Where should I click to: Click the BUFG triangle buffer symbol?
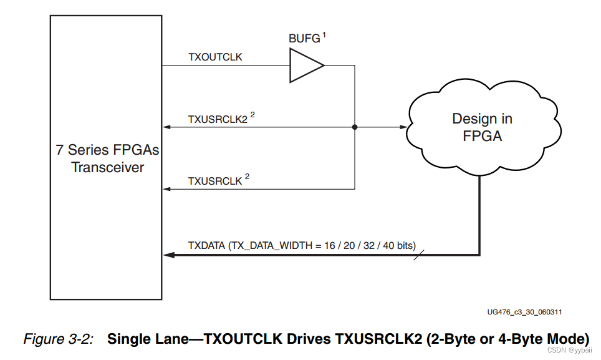(x=305, y=66)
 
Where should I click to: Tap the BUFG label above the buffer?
(x=304, y=39)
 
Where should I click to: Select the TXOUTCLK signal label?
(x=215, y=57)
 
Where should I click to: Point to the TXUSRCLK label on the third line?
(x=214, y=180)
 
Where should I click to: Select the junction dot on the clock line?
(x=355, y=127)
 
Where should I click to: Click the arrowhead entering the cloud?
(x=403, y=127)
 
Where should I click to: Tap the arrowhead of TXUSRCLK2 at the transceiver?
(x=166, y=127)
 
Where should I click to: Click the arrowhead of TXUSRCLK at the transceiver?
(x=166, y=189)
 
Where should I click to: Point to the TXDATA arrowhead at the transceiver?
(x=167, y=255)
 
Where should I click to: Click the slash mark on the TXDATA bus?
(x=418, y=255)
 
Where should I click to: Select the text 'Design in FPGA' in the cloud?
(x=483, y=127)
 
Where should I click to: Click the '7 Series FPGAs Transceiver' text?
(x=107, y=158)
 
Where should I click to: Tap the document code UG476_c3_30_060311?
(x=520, y=311)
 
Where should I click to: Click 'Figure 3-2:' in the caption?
(x=58, y=339)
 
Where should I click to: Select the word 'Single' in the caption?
(x=127, y=339)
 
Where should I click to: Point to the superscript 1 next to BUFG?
(x=324, y=36)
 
